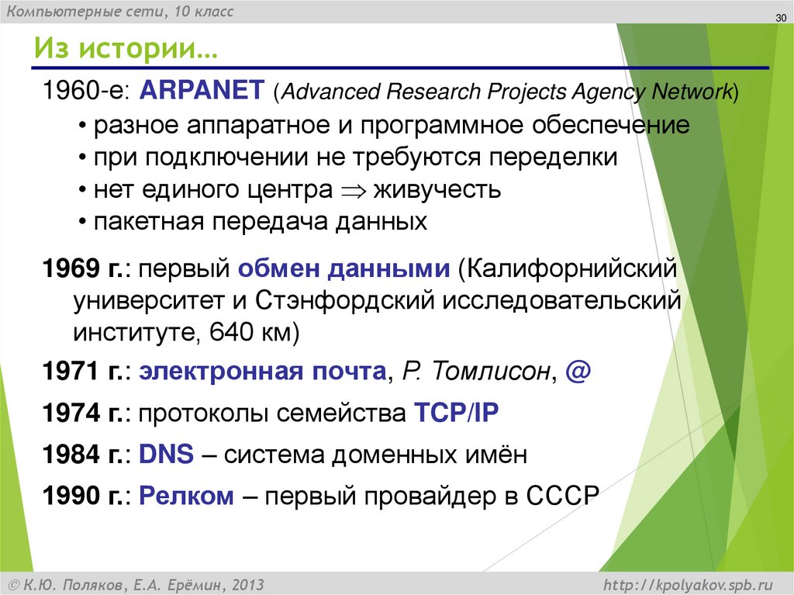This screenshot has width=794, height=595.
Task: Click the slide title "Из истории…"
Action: coord(124,52)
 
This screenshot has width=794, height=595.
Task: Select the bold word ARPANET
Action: coord(202,90)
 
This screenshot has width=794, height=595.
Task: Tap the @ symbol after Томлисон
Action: coord(578,371)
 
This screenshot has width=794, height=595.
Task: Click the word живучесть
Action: coord(437,189)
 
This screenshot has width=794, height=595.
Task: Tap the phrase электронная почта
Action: coord(262,372)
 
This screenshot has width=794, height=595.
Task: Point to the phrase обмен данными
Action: coord(344,269)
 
